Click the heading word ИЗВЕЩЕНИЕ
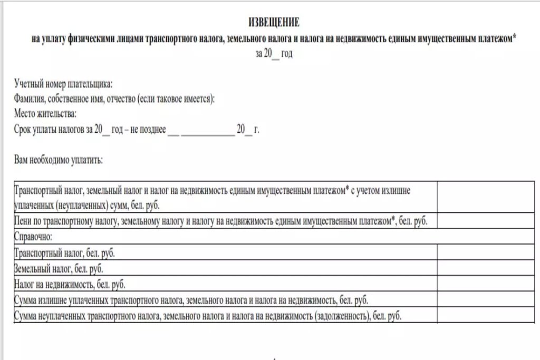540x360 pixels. pos(274,23)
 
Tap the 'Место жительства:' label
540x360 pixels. pos(46,114)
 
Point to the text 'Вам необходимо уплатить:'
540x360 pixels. pos(59,159)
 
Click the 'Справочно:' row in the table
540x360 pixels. pos(34,237)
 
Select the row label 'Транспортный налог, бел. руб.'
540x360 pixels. pos(65,253)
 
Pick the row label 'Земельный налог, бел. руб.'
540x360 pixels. pos(59,269)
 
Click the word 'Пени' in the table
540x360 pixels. pos(24,221)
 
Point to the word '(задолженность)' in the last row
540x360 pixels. pos(341,316)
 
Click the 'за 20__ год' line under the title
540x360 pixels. pos(274,54)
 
